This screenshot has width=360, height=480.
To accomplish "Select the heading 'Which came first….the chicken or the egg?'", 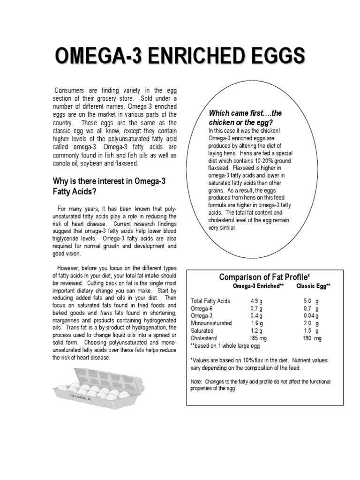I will click(x=246, y=118).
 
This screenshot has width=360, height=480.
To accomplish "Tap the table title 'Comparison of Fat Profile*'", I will click(x=265, y=277).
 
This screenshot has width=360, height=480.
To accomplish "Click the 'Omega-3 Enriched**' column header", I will click(x=258, y=286).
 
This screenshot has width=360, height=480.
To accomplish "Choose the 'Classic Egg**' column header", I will click(x=314, y=286).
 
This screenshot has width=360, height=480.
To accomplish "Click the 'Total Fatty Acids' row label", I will click(x=210, y=301).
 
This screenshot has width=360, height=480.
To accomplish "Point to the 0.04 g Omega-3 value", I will click(x=311, y=316).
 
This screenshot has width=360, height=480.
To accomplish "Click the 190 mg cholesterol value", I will click(x=312, y=338).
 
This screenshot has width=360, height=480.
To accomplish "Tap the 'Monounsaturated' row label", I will click(x=211, y=323).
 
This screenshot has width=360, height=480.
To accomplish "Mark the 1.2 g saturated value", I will click(x=256, y=331).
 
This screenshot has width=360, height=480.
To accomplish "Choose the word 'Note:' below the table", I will click(x=196, y=382).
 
